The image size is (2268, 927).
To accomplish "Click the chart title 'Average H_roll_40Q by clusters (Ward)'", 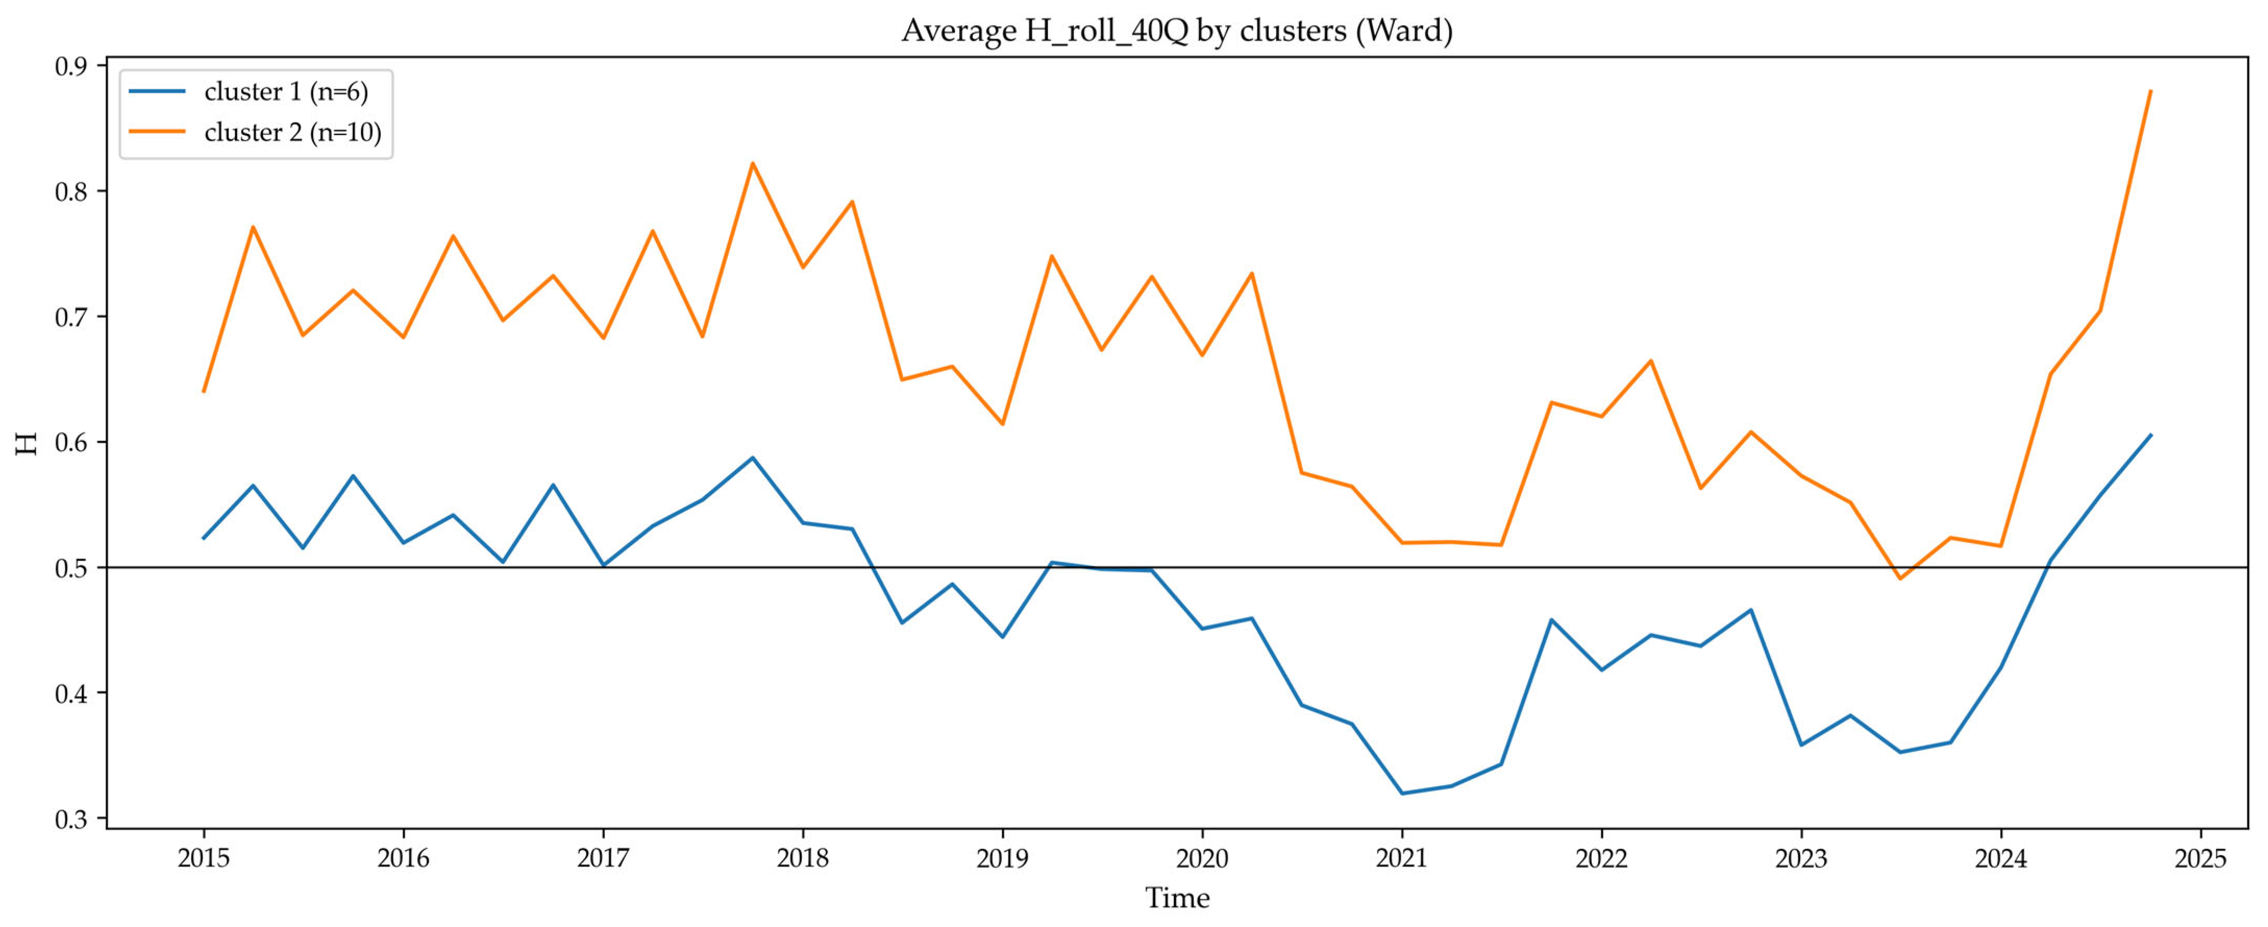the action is [x=1177, y=31].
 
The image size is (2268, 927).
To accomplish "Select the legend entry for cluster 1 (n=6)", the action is [x=249, y=92].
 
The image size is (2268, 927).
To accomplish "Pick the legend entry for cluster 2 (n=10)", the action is [x=255, y=132].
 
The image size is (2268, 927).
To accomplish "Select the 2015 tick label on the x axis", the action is [x=203, y=858].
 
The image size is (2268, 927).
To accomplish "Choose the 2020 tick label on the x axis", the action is [x=1202, y=858].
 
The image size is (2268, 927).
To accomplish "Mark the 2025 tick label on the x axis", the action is [x=2200, y=858].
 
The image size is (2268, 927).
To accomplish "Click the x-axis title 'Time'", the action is [x=1177, y=898].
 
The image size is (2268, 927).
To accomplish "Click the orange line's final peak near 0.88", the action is [x=2151, y=91].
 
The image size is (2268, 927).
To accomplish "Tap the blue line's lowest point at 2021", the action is [x=1402, y=793].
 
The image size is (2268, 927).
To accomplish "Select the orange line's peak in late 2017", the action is [x=753, y=163].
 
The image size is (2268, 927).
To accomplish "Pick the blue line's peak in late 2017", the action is [x=753, y=458].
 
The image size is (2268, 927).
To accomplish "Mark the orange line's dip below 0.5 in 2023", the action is [x=1900, y=578].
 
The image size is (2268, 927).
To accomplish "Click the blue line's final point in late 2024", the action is [x=2151, y=435].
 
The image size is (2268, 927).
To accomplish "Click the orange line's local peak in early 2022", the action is [x=1651, y=360].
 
